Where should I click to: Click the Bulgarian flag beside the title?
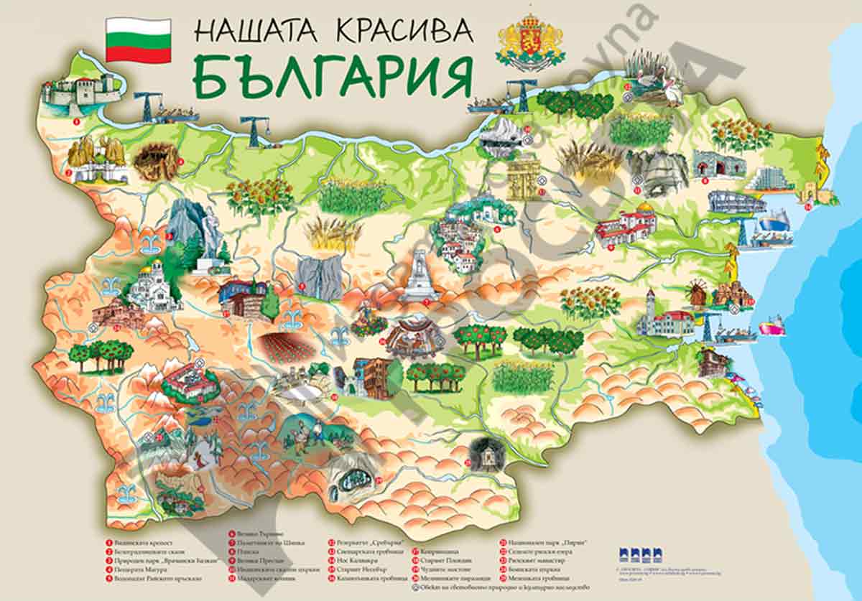[x=138, y=40]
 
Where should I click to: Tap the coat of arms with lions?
[x=530, y=41]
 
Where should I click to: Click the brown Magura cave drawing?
[x=157, y=162]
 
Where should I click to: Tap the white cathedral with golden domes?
[x=153, y=286]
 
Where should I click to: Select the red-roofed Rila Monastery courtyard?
[x=189, y=381]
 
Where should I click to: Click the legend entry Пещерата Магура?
[x=132, y=569]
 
